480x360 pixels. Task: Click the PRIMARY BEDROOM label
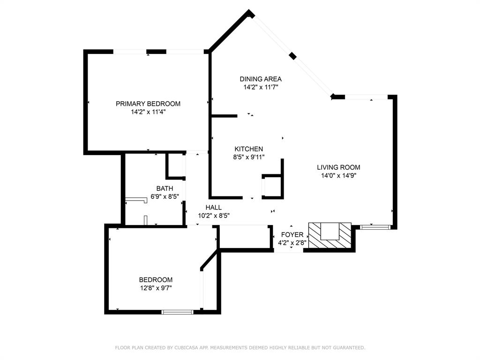pyautogui.click(x=148, y=104)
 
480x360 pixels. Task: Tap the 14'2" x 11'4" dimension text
pyautogui.click(x=148, y=112)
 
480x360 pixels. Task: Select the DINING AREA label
pyautogui.click(x=261, y=79)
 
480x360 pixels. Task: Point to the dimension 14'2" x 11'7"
pyautogui.click(x=261, y=87)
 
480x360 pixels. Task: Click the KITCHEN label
pyautogui.click(x=248, y=149)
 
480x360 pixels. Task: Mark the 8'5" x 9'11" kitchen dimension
pyautogui.click(x=248, y=157)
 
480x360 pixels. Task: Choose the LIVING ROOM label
pyautogui.click(x=338, y=167)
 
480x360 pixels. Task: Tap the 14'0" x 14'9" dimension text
pyautogui.click(x=338, y=176)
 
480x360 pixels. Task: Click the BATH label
pyautogui.click(x=165, y=188)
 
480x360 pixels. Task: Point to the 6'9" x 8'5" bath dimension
pyautogui.click(x=165, y=196)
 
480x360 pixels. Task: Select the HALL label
pyautogui.click(x=214, y=208)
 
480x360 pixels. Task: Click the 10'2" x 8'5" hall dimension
pyautogui.click(x=214, y=216)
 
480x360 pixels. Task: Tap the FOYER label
pyautogui.click(x=292, y=235)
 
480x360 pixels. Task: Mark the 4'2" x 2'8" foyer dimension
pyautogui.click(x=292, y=243)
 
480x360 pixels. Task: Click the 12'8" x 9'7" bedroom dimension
pyautogui.click(x=156, y=288)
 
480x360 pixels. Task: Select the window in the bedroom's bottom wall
pyautogui.click(x=178, y=312)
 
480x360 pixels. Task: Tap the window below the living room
pyautogui.click(x=375, y=227)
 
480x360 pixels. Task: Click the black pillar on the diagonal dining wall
pyautogui.click(x=293, y=56)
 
